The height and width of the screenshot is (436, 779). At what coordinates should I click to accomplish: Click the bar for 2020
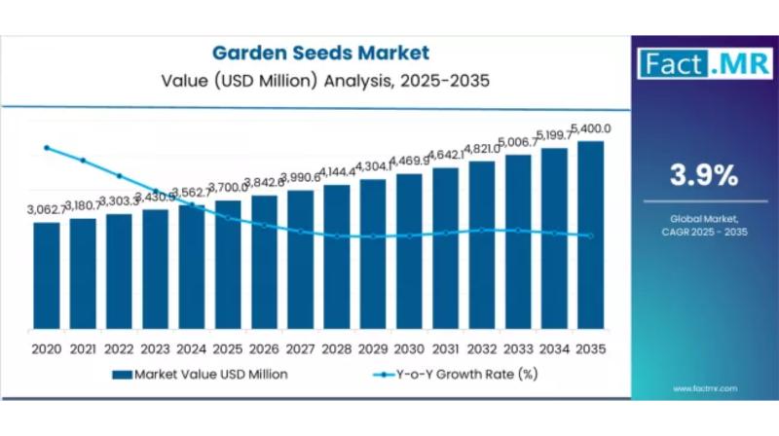tap(46, 277)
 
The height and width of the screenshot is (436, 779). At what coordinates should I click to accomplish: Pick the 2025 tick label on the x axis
tap(228, 348)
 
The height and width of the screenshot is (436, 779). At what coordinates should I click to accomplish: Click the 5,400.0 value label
tap(591, 128)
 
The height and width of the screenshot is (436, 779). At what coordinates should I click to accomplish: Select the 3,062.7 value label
tap(46, 209)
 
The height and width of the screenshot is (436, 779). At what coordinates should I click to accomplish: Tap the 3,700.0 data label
tap(228, 188)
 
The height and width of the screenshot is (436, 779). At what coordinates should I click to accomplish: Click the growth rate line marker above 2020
tap(46, 148)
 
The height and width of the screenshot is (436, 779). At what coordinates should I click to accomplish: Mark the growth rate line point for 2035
tap(591, 236)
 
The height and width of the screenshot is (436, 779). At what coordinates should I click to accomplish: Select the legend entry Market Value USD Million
tap(201, 373)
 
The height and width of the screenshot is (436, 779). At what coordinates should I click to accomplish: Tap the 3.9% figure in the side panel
tap(702, 175)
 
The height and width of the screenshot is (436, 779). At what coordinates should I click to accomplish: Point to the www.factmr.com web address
tap(702, 388)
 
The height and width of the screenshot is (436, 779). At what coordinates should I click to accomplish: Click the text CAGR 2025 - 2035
tap(702, 231)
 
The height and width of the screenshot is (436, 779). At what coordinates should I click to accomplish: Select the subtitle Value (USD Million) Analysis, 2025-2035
tap(320, 81)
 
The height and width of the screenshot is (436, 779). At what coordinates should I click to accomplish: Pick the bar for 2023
tap(155, 272)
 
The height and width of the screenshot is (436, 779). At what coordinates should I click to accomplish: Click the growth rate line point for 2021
tap(83, 161)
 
